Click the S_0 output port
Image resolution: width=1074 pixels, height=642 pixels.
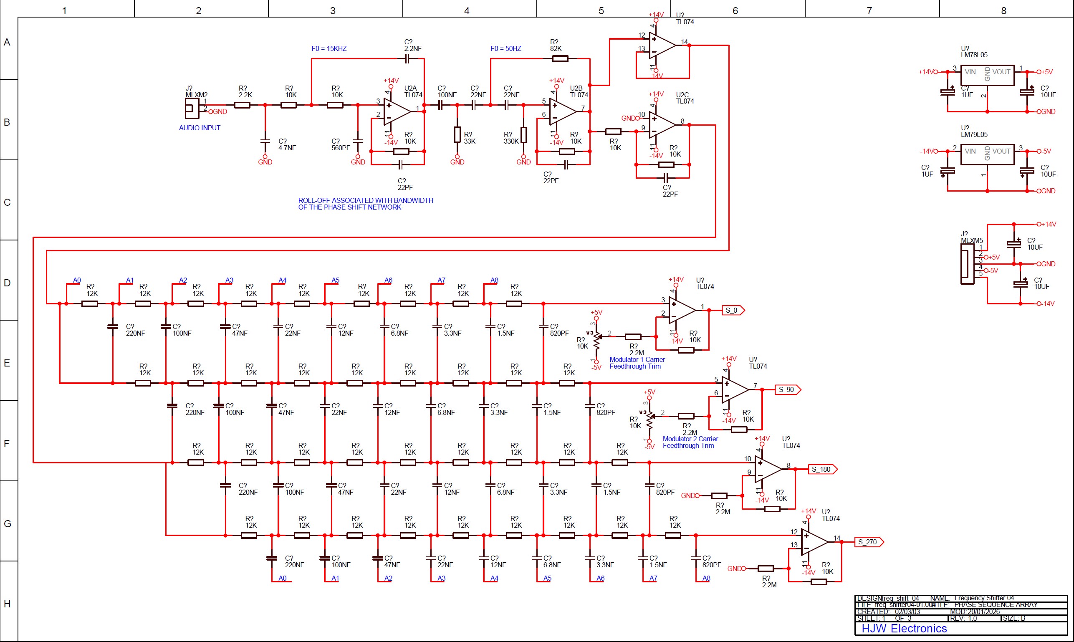point(733,310)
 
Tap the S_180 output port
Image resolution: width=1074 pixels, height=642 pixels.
point(822,469)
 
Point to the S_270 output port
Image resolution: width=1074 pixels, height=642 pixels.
point(869,542)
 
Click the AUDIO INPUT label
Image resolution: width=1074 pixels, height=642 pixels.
point(200,128)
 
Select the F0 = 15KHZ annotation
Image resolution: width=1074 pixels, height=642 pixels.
point(329,49)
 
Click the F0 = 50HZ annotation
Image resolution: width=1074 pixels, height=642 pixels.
point(505,49)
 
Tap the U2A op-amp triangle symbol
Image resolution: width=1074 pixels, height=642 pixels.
point(396,111)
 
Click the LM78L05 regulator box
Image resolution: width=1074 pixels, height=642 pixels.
point(987,75)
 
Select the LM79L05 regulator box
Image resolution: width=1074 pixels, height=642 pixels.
point(987,154)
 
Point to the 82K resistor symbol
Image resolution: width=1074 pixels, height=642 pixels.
point(560,58)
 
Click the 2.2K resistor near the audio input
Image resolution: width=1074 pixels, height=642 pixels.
point(242,105)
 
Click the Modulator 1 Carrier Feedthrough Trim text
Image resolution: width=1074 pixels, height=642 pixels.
point(637,363)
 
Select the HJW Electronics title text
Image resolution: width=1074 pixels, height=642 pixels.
point(904,629)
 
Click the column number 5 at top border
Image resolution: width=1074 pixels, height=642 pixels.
point(601,11)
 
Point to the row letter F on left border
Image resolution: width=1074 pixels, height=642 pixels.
point(7,443)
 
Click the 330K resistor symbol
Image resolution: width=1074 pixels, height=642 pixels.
point(523,135)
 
